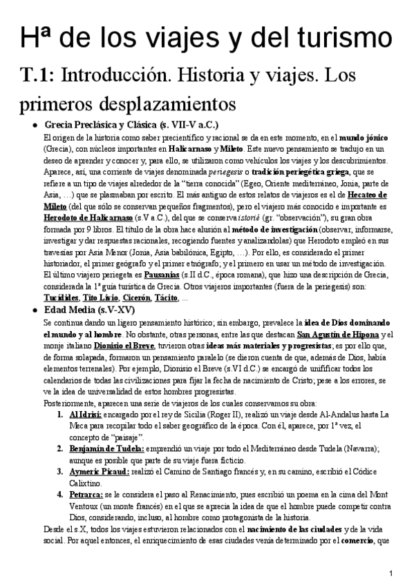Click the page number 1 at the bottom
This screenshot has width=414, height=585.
[391, 573]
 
